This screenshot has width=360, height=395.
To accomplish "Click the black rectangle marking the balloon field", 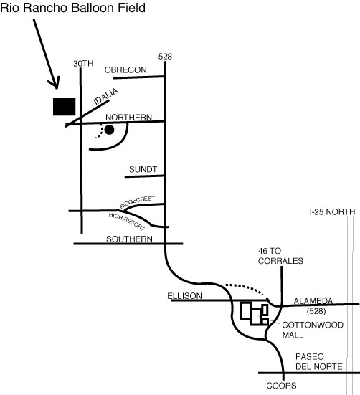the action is tap(65, 107).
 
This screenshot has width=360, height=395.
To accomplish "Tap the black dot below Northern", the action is tap(109, 130).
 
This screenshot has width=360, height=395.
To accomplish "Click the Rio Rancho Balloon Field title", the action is tap(73, 8).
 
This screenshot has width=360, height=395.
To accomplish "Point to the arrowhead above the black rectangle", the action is tap(55, 83).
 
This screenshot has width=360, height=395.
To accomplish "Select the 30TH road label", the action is tap(83, 64).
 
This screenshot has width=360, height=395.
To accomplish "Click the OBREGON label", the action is tap(125, 70).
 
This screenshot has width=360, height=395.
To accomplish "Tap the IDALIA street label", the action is tap(106, 96).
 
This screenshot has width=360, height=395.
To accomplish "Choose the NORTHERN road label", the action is tap(129, 118).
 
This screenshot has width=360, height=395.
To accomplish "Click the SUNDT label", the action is tap(143, 169).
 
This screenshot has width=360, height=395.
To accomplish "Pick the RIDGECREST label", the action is tap(137, 202).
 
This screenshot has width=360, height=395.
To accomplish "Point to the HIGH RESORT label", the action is tap(127, 222).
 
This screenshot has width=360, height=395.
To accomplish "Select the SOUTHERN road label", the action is tap(129, 239).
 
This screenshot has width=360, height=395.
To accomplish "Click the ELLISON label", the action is tap(184, 296).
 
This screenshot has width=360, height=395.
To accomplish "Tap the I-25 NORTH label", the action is tap(332, 212).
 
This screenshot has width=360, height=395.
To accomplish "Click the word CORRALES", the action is tap(280, 261).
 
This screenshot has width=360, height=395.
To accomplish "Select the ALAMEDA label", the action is tap(313, 301).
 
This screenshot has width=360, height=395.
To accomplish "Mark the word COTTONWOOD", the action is tap(313, 325).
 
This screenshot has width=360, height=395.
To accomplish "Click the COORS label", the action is tap(281, 386).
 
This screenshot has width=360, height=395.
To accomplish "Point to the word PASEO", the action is tap(310, 357).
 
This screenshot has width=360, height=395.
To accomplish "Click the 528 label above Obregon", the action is tap(165, 57).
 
